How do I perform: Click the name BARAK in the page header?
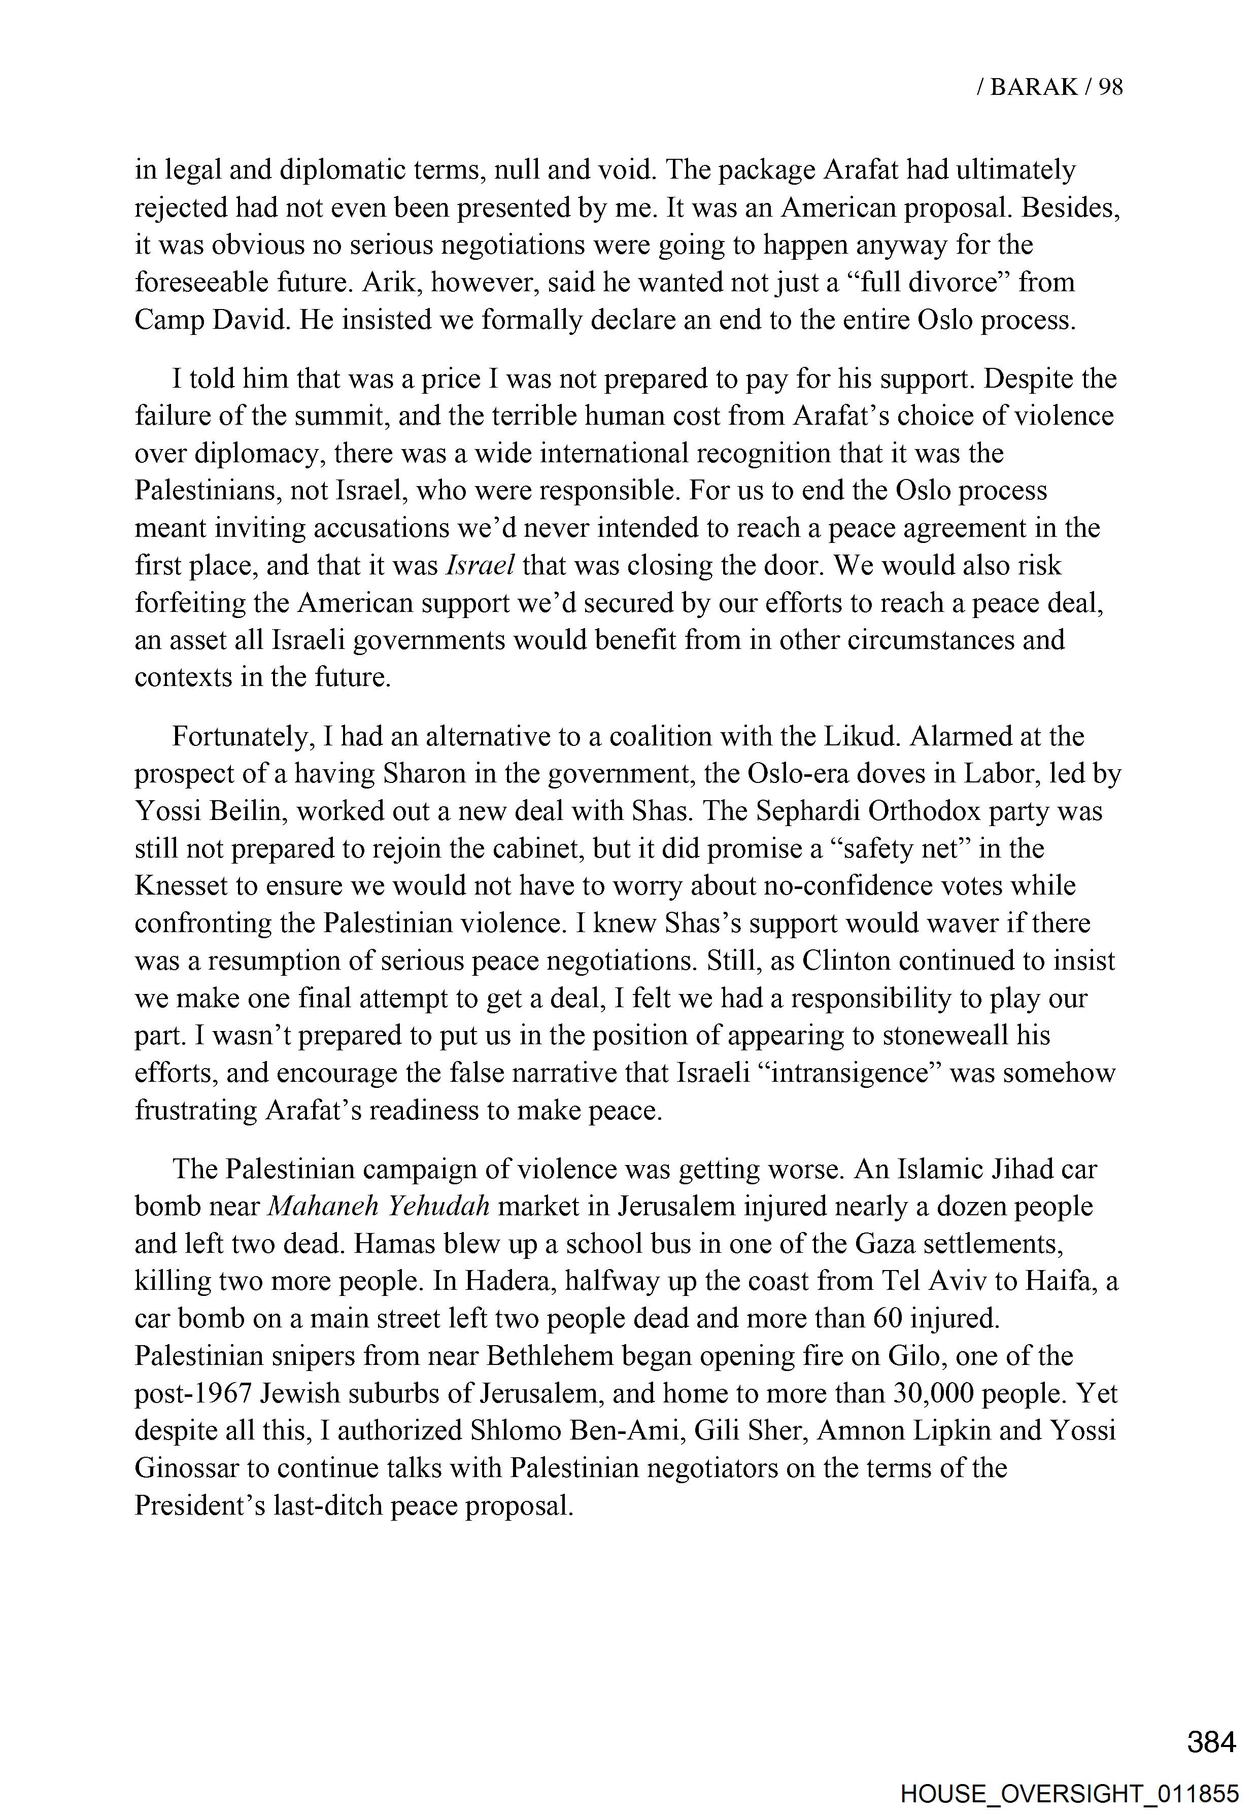1033,87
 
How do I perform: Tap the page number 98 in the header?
1110,87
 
